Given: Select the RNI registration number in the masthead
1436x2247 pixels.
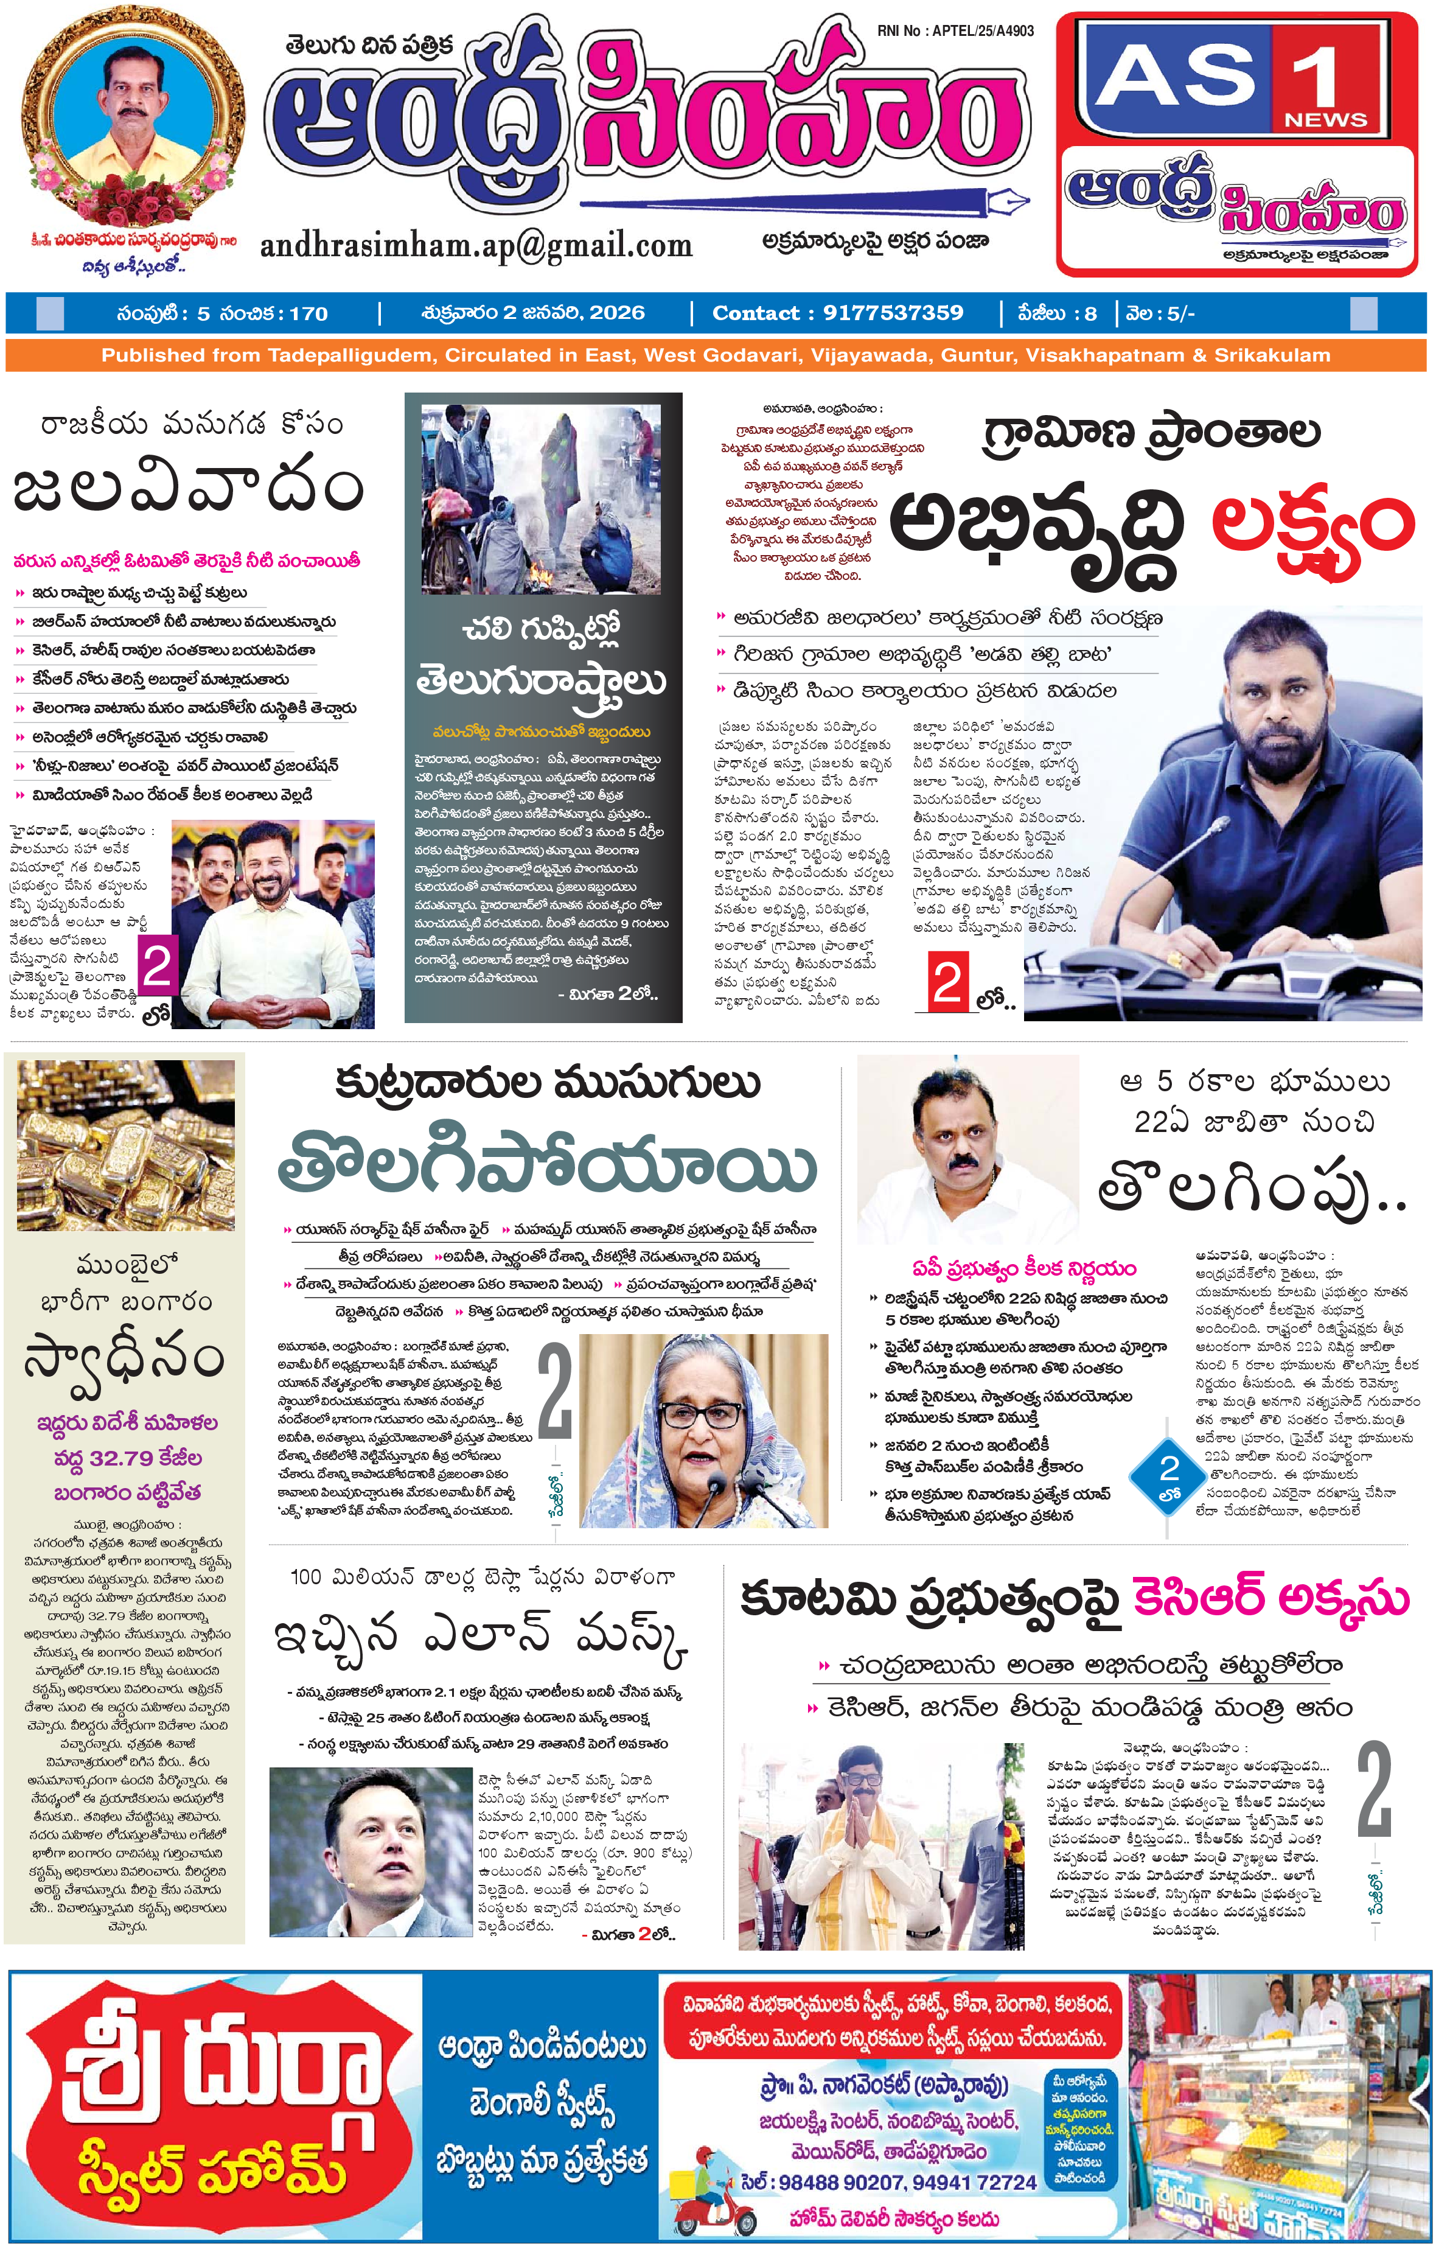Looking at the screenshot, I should (955, 31).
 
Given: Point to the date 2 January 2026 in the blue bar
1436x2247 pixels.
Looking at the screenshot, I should (534, 313).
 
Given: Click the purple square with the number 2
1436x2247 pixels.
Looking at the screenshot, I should (158, 966).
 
